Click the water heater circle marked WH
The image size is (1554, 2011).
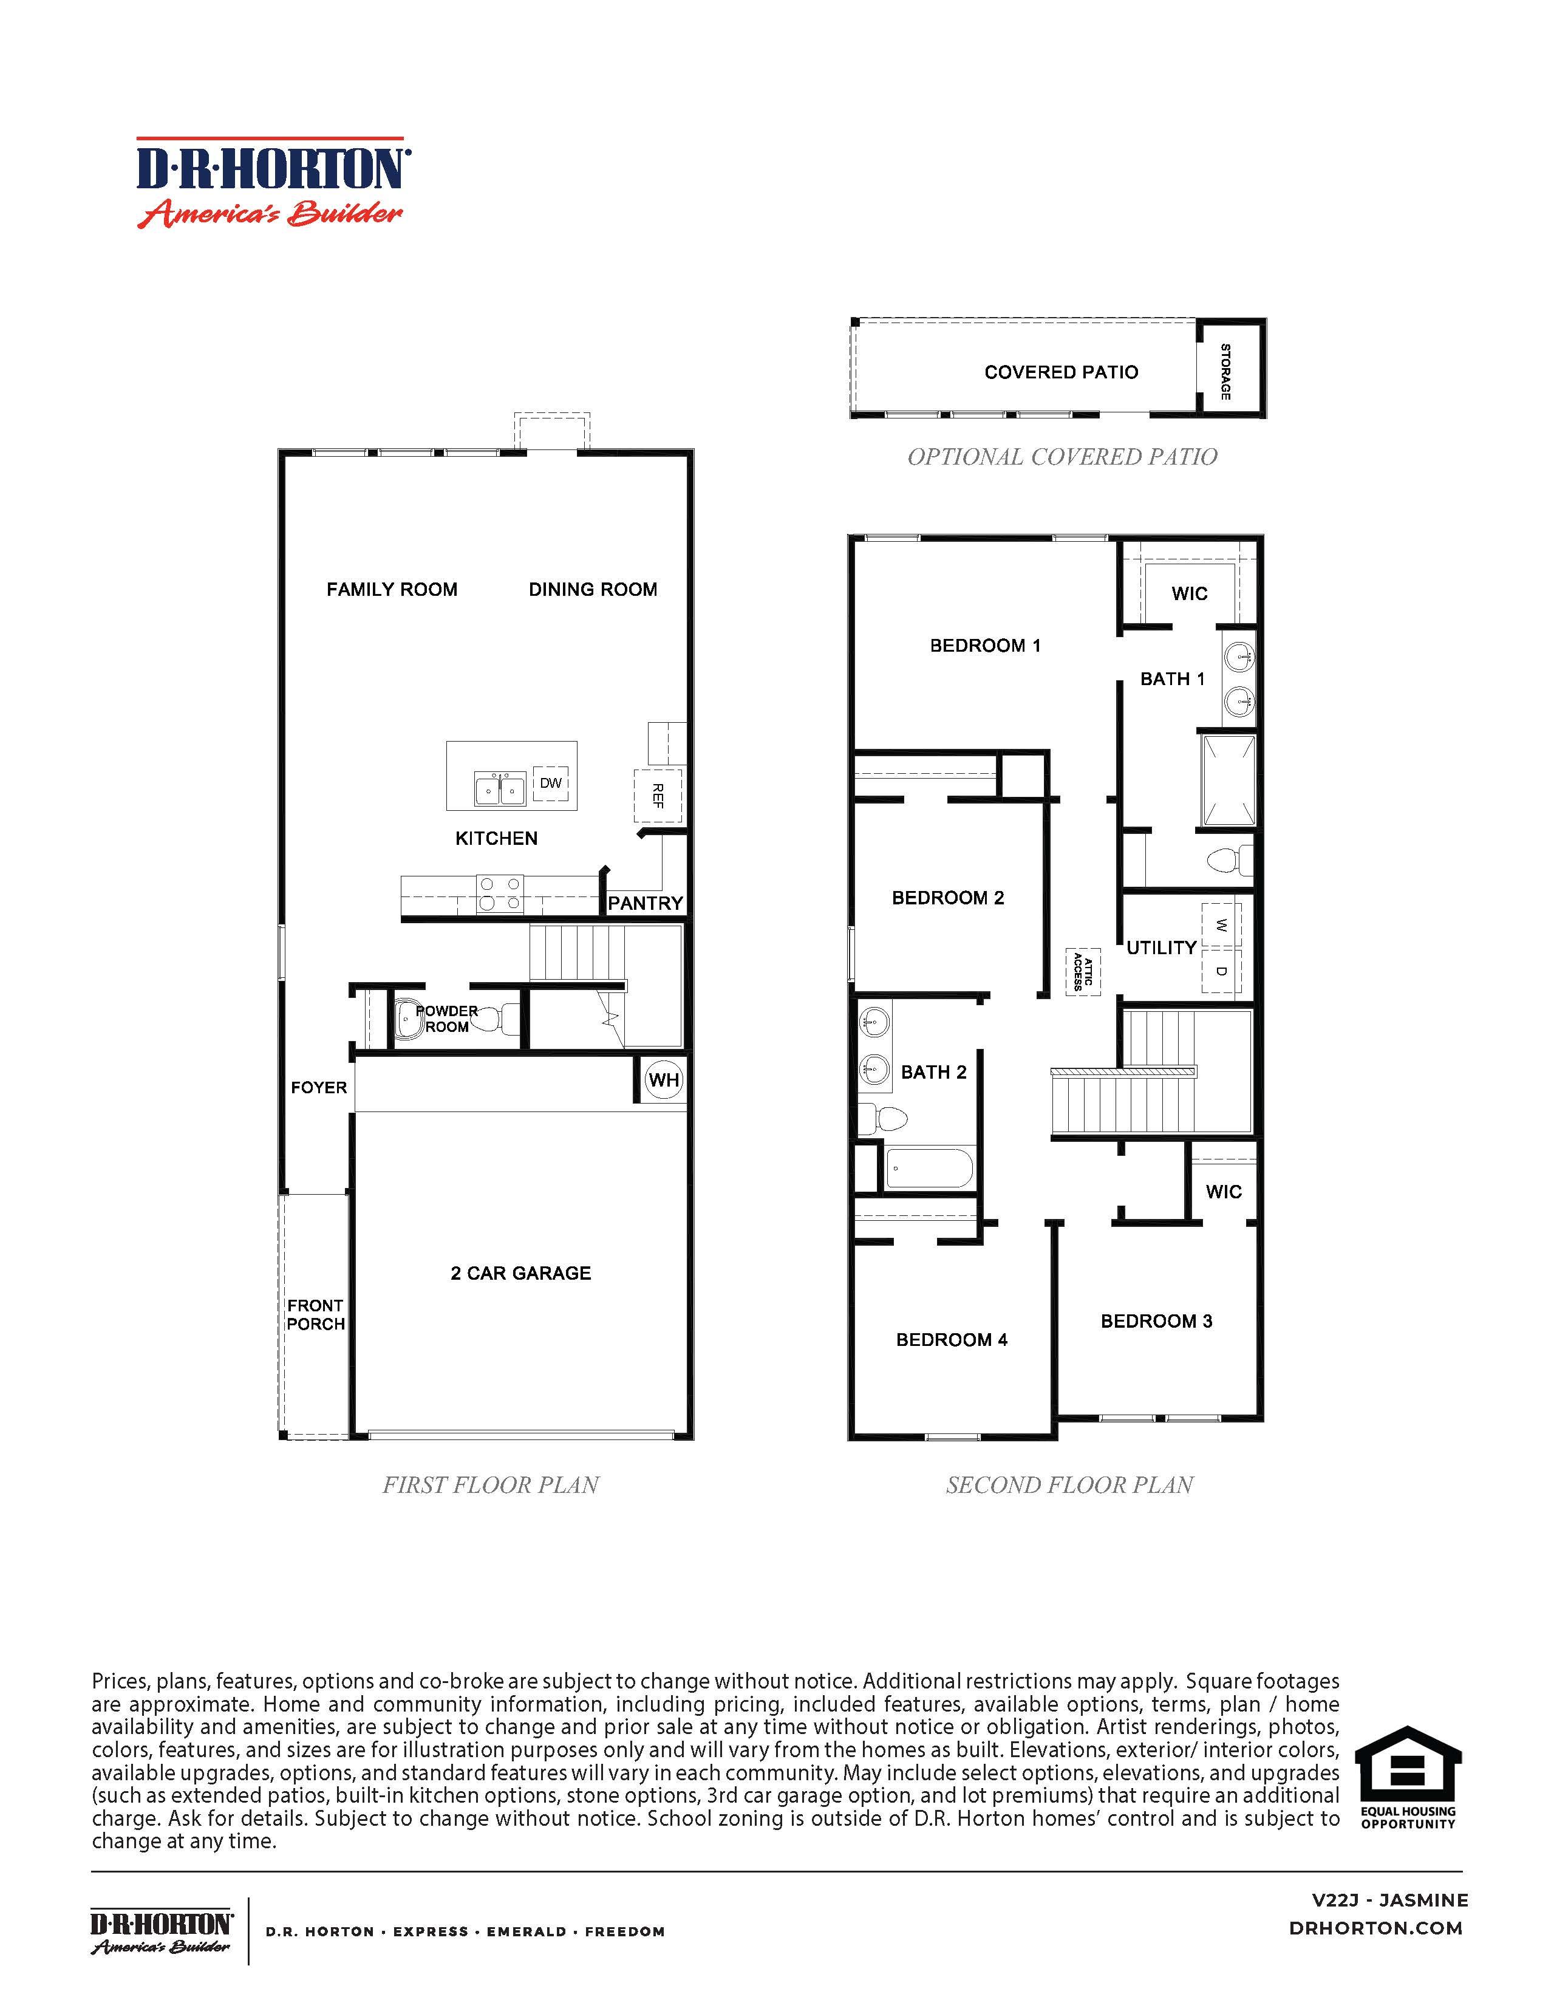(x=664, y=1080)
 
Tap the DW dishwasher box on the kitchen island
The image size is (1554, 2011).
(x=551, y=784)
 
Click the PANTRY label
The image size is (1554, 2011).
(x=646, y=903)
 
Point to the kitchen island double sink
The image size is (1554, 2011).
(x=500, y=789)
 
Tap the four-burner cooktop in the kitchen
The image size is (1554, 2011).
(x=500, y=894)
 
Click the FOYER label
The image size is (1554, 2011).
(x=319, y=1087)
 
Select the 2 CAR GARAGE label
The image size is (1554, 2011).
(x=521, y=1274)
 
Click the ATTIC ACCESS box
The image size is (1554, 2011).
(x=1083, y=971)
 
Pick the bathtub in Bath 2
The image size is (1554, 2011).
(x=928, y=1169)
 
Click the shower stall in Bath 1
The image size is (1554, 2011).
(x=1227, y=780)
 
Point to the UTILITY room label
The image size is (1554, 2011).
(x=1161, y=947)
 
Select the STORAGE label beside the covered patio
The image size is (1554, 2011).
(x=1225, y=371)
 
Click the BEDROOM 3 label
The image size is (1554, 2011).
(x=1156, y=1321)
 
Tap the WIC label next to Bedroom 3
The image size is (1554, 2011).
(x=1224, y=1192)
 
